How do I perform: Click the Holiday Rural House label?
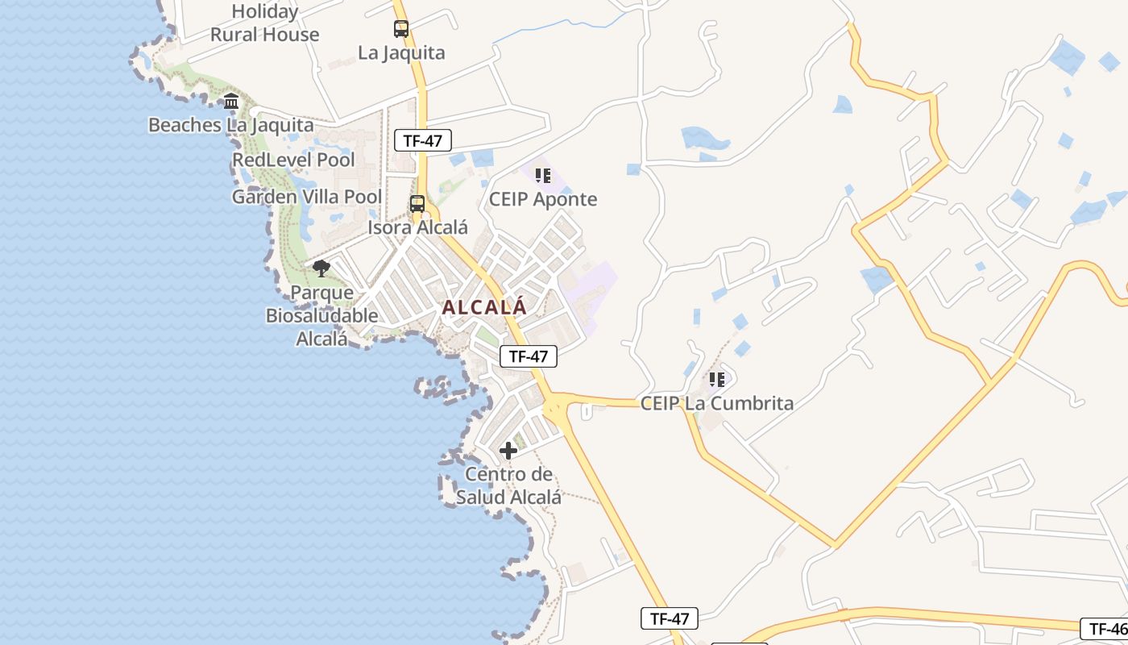coord(264,23)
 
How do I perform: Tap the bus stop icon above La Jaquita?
coord(401,29)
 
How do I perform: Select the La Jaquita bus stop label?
coord(401,53)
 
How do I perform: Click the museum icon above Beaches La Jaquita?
coord(231,102)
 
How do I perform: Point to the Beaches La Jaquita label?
coord(231,125)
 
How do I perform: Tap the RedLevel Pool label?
coord(293,160)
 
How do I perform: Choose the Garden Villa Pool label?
coord(307,197)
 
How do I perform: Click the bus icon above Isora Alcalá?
coord(417,204)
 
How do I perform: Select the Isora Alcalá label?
coord(417,228)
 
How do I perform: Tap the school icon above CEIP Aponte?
coord(543,176)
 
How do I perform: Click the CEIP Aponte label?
coord(543,199)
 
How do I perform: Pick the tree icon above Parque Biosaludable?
coord(321,268)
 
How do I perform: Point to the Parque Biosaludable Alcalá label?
coord(321,315)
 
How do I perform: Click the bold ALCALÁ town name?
coord(484,307)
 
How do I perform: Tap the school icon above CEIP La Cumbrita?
coord(717,379)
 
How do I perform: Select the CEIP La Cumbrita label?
coord(717,403)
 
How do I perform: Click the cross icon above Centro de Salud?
coord(508,451)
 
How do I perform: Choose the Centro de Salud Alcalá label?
coord(508,485)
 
